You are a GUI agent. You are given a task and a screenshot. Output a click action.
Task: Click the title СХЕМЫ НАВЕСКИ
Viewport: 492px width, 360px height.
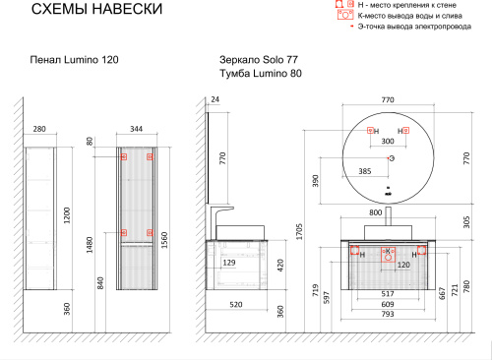click(x=96, y=9)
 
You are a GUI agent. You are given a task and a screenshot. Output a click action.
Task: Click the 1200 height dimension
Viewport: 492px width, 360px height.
click(x=67, y=215)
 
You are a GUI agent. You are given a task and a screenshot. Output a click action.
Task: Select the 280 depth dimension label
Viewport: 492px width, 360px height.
click(x=39, y=129)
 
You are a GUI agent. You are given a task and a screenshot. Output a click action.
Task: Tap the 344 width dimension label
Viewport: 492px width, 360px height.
click(x=136, y=129)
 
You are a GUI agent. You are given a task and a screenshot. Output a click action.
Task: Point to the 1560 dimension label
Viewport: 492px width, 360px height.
click(x=164, y=240)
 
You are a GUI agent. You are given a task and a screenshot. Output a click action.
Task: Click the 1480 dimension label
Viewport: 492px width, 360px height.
click(x=90, y=245)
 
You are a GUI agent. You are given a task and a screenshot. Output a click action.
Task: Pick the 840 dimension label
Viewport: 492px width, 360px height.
click(x=100, y=283)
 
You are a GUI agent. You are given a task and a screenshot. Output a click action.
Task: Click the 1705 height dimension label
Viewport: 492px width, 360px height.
click(x=299, y=232)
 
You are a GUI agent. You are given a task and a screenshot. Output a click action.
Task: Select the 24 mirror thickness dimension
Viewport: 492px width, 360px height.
click(x=215, y=99)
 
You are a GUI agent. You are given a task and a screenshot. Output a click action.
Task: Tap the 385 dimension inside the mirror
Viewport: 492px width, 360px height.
click(x=365, y=171)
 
